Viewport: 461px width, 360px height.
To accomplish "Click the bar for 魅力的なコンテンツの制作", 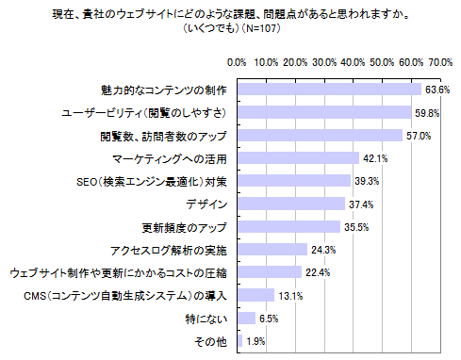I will (329, 90).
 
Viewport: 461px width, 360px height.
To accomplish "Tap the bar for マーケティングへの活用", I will (298, 158).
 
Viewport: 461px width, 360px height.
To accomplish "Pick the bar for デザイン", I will (291, 204).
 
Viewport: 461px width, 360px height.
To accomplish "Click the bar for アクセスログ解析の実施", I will (272, 250).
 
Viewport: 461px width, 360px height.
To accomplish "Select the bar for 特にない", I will (247, 319).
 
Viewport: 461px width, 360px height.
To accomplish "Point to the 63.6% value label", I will (436, 90).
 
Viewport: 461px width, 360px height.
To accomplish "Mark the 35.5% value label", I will (355, 227).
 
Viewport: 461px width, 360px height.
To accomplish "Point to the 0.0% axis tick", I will (239, 62).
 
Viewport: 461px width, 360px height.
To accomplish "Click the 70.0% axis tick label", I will (440, 62).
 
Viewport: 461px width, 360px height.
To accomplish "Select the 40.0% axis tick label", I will (354, 62).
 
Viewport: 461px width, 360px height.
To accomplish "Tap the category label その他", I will (211, 341).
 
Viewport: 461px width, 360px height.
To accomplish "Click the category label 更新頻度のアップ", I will (184, 227).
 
